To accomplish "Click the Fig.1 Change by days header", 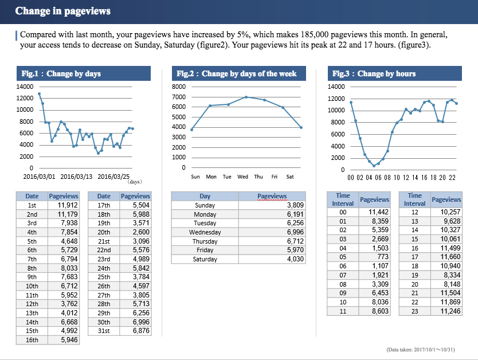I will [x=61, y=73].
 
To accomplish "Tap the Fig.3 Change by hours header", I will [x=374, y=73].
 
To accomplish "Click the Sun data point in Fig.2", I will [x=191, y=130].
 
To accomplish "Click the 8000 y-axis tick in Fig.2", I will [x=179, y=87].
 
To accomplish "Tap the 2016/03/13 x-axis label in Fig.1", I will [x=76, y=177].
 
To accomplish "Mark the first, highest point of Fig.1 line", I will [x=39, y=93].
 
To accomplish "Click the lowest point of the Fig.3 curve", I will [x=374, y=166].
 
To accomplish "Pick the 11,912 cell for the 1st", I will [x=68, y=205].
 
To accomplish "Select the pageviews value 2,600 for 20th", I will [x=141, y=232].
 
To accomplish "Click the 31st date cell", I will [x=104, y=331].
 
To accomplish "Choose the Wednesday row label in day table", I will [x=205, y=232].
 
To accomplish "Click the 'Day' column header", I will [x=205, y=196].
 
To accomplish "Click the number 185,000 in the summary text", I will [x=276, y=35].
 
